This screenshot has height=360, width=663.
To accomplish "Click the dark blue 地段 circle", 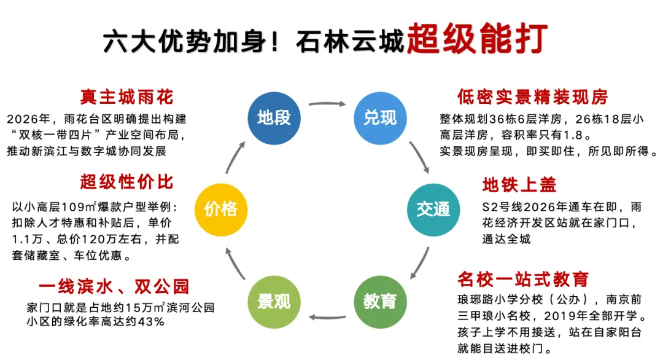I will click(274, 117).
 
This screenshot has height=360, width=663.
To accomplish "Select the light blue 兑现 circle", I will click(380, 117).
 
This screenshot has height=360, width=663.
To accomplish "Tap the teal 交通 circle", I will click(433, 209).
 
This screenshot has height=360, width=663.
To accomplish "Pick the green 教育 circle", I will click(380, 301).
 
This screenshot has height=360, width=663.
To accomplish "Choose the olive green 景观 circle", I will click(274, 301).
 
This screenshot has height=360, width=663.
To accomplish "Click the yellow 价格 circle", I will click(221, 209).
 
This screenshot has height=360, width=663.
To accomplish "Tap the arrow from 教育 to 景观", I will click(327, 317).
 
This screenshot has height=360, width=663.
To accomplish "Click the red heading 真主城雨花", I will click(126, 97).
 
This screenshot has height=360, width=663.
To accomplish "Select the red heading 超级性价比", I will click(126, 182).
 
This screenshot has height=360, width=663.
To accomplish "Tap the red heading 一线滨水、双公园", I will click(114, 286).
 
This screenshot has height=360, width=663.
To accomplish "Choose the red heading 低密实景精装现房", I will click(532, 97).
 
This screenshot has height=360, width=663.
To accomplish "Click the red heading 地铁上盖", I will click(519, 184).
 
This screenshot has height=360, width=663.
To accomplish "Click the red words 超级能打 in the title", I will click(476, 38).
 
